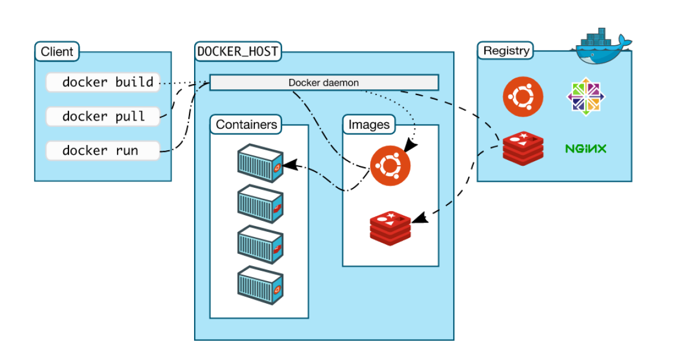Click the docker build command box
103,82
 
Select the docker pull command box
103,116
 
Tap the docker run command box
103,151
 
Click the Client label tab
57,52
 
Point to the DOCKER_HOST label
238,52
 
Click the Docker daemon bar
324,83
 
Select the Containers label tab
246,125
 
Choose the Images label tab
369,125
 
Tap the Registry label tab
506,50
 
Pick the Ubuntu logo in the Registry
523,97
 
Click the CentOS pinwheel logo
586,97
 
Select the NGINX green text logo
585,149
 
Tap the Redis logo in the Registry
523,148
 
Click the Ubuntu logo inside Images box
390,165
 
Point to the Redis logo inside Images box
390,228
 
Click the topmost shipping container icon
261,163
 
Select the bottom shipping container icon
261,285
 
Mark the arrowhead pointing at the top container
290,165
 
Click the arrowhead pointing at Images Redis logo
420,217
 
